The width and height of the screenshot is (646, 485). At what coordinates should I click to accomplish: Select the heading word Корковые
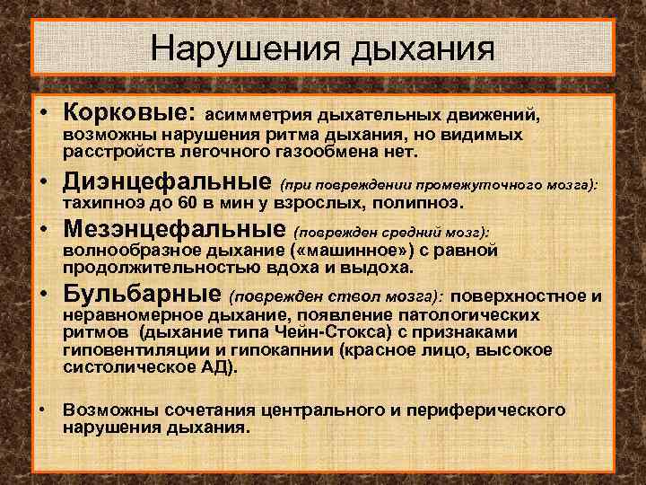[x=127, y=114]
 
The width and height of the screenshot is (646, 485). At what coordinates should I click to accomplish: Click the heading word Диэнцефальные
[x=167, y=182]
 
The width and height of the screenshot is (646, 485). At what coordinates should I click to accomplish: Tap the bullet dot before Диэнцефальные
[x=43, y=184]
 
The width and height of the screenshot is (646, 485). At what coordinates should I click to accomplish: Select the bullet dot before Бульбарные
[x=43, y=295]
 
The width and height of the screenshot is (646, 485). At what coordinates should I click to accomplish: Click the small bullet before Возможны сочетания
[x=43, y=410]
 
